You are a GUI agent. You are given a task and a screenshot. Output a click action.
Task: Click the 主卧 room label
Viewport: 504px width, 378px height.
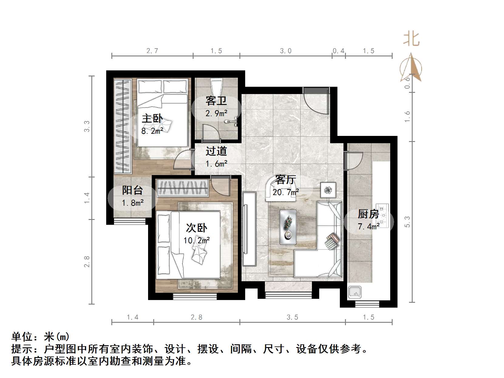tap(152, 118)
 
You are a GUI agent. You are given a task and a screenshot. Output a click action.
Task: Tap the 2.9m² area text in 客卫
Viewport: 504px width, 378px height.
tap(216, 113)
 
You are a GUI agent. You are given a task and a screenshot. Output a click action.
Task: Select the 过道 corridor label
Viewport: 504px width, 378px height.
tap(216, 151)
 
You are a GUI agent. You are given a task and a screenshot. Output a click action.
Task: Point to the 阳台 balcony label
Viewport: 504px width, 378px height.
tap(132, 191)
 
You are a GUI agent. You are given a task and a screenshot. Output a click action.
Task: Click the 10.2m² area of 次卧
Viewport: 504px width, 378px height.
tap(197, 241)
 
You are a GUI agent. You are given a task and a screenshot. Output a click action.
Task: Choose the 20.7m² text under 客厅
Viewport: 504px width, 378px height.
tap(286, 192)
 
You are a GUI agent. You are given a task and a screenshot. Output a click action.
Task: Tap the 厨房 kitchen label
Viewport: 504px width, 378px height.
tap(368, 214)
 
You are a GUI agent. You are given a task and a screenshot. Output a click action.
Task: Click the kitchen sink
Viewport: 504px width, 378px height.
tap(354, 292)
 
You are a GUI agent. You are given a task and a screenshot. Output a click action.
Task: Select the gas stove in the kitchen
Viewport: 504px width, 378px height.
tap(382, 215)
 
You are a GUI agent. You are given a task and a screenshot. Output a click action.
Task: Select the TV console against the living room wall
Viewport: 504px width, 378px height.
tap(249, 229)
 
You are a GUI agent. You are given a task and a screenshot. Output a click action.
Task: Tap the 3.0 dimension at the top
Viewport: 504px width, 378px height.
tap(286, 51)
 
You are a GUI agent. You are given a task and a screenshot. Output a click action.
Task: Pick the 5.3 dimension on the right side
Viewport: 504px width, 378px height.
tap(407, 222)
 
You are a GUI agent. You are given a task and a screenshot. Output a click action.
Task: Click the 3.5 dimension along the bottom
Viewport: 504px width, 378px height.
tap(292, 317)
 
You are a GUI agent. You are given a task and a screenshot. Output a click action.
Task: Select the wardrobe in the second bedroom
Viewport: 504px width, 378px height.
tap(182, 187)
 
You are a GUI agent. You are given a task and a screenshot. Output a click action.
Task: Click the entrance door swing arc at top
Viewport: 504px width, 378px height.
tap(316, 102)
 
